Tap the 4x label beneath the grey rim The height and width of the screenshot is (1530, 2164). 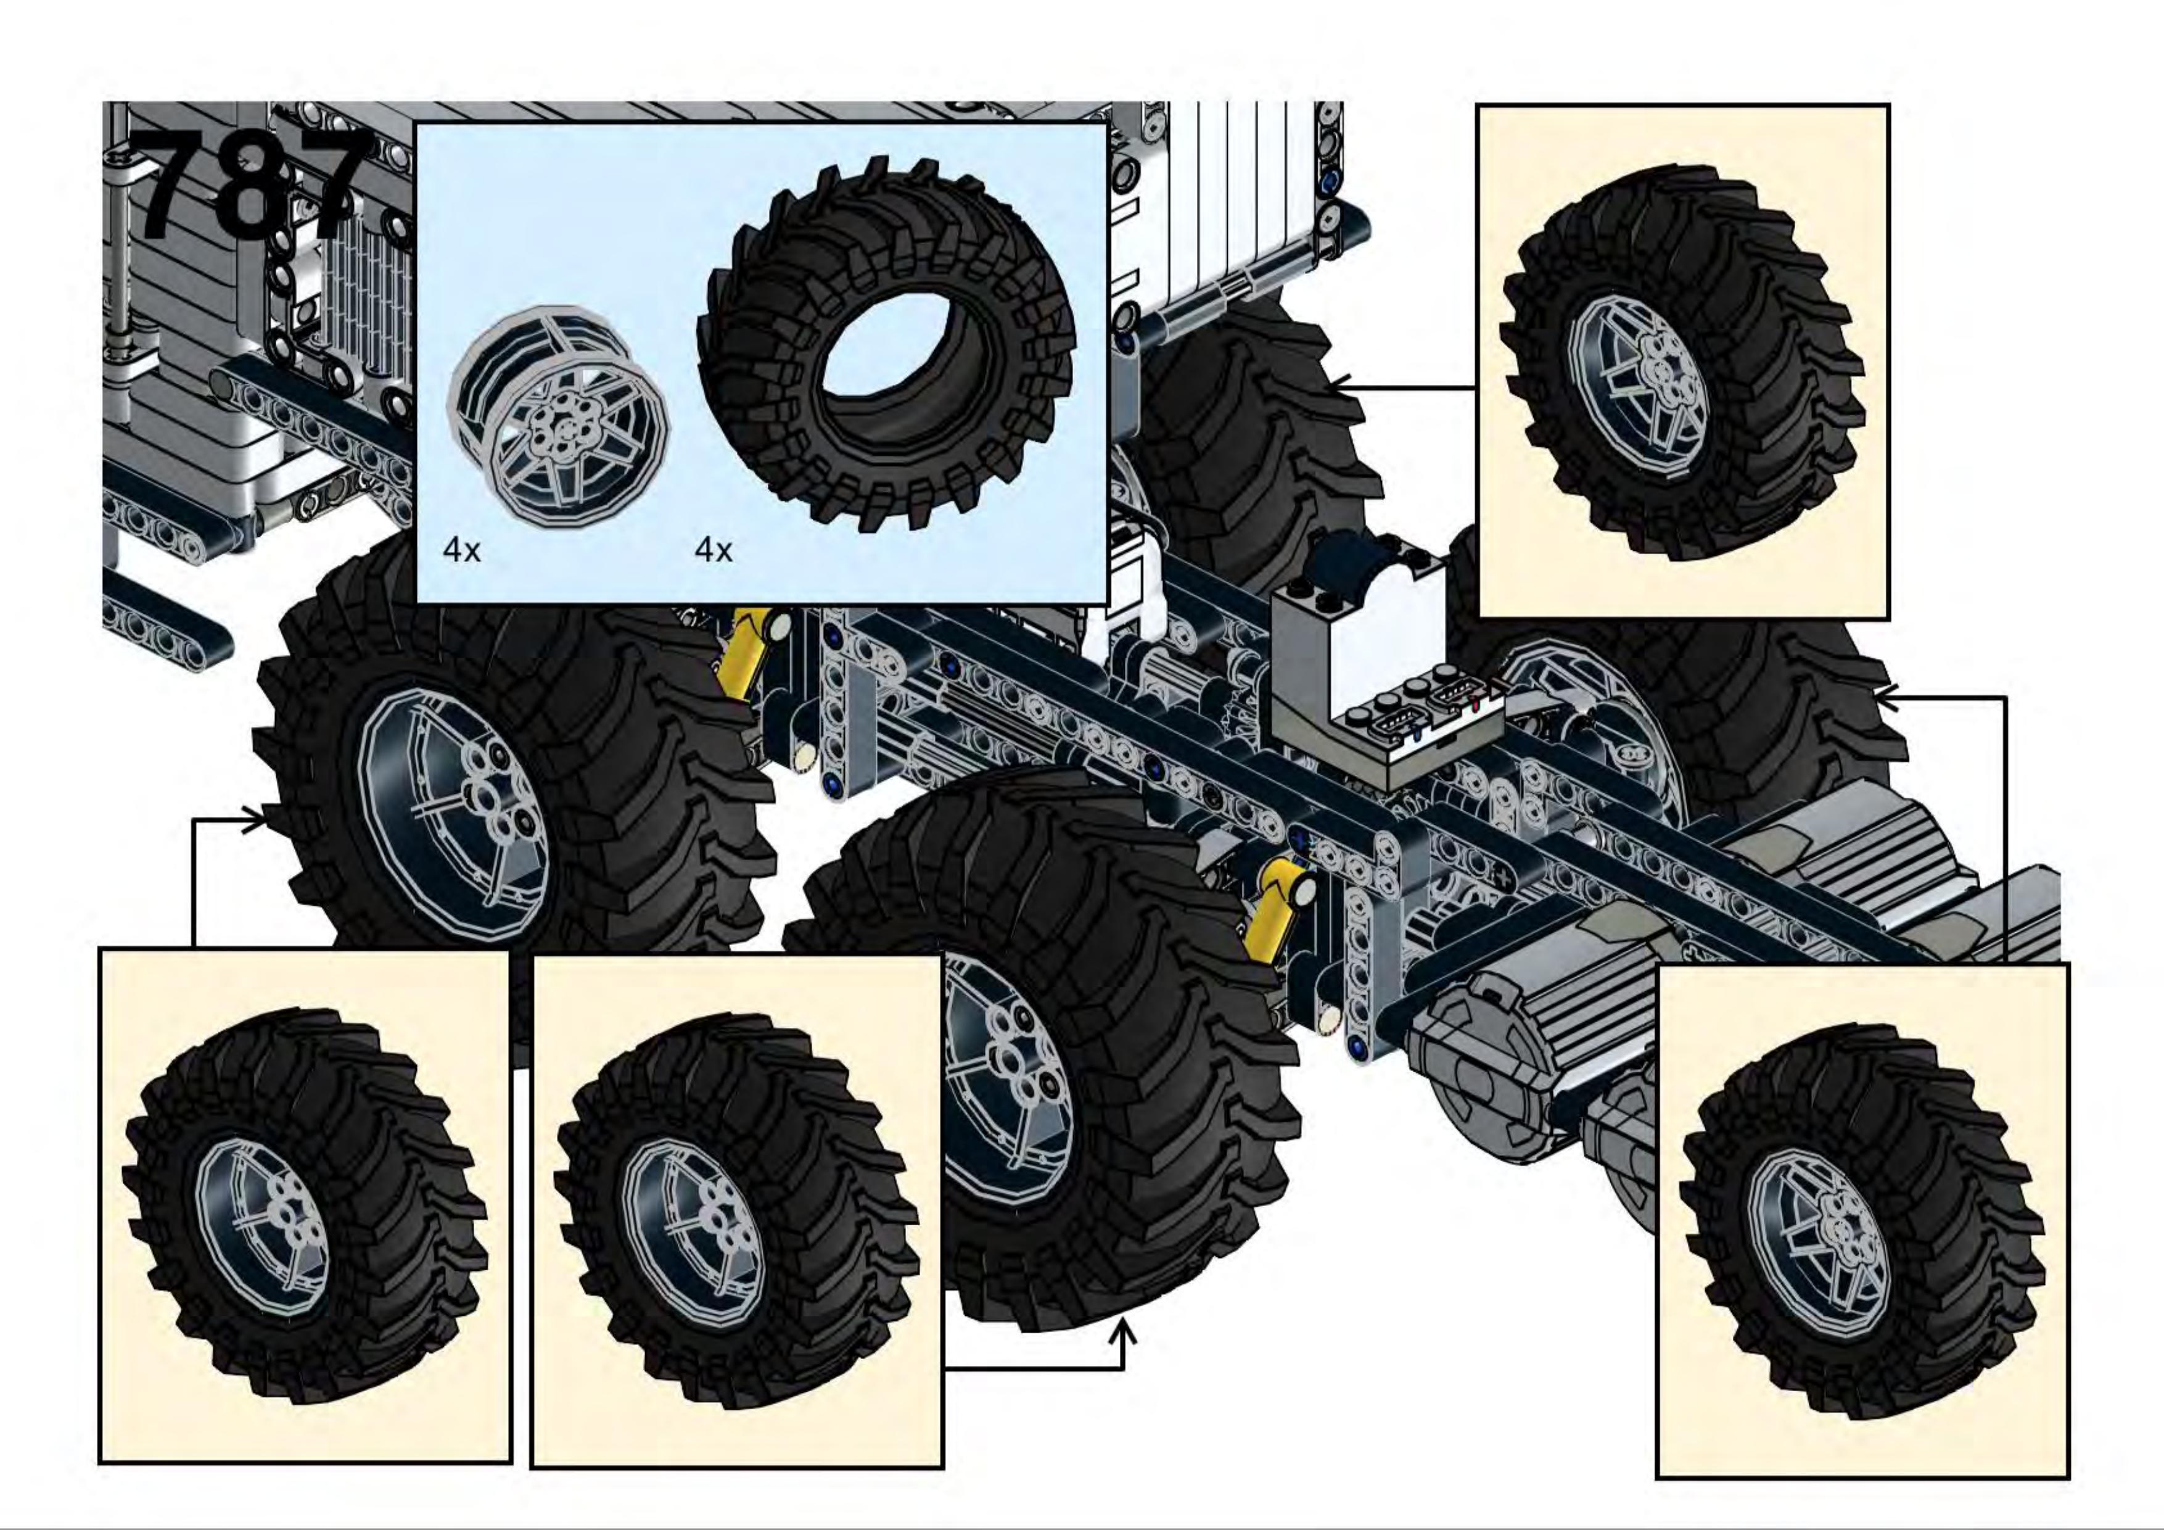point(462,550)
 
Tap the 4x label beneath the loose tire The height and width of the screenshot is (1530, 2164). point(714,550)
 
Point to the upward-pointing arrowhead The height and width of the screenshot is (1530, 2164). point(1122,1333)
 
